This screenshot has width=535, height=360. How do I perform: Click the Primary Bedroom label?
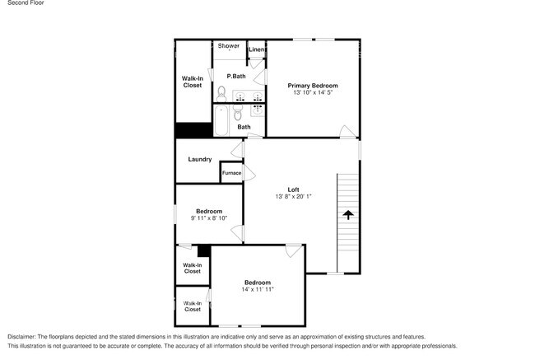312,86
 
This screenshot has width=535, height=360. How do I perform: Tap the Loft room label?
292,189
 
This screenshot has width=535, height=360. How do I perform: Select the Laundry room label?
200,159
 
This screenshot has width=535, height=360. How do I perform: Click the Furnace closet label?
231,173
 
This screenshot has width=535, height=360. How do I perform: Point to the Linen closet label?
256,50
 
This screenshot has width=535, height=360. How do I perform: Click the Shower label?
229,46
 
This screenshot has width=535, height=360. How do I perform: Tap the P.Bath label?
236,77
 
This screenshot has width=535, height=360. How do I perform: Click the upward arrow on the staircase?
347,215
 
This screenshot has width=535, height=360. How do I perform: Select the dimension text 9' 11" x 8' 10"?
208,218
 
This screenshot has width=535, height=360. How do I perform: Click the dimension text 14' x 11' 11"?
257,290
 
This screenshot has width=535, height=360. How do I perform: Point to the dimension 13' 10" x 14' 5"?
312,93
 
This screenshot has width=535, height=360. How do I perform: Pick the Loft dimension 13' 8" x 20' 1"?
292,197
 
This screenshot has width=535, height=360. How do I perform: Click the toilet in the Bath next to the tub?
239,114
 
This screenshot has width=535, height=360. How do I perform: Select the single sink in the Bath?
257,108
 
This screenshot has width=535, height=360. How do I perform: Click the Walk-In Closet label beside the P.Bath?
192,82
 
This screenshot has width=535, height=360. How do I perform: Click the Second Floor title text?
26,3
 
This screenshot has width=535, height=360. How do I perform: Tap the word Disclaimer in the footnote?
26,337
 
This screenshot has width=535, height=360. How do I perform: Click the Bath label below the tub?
244,127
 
